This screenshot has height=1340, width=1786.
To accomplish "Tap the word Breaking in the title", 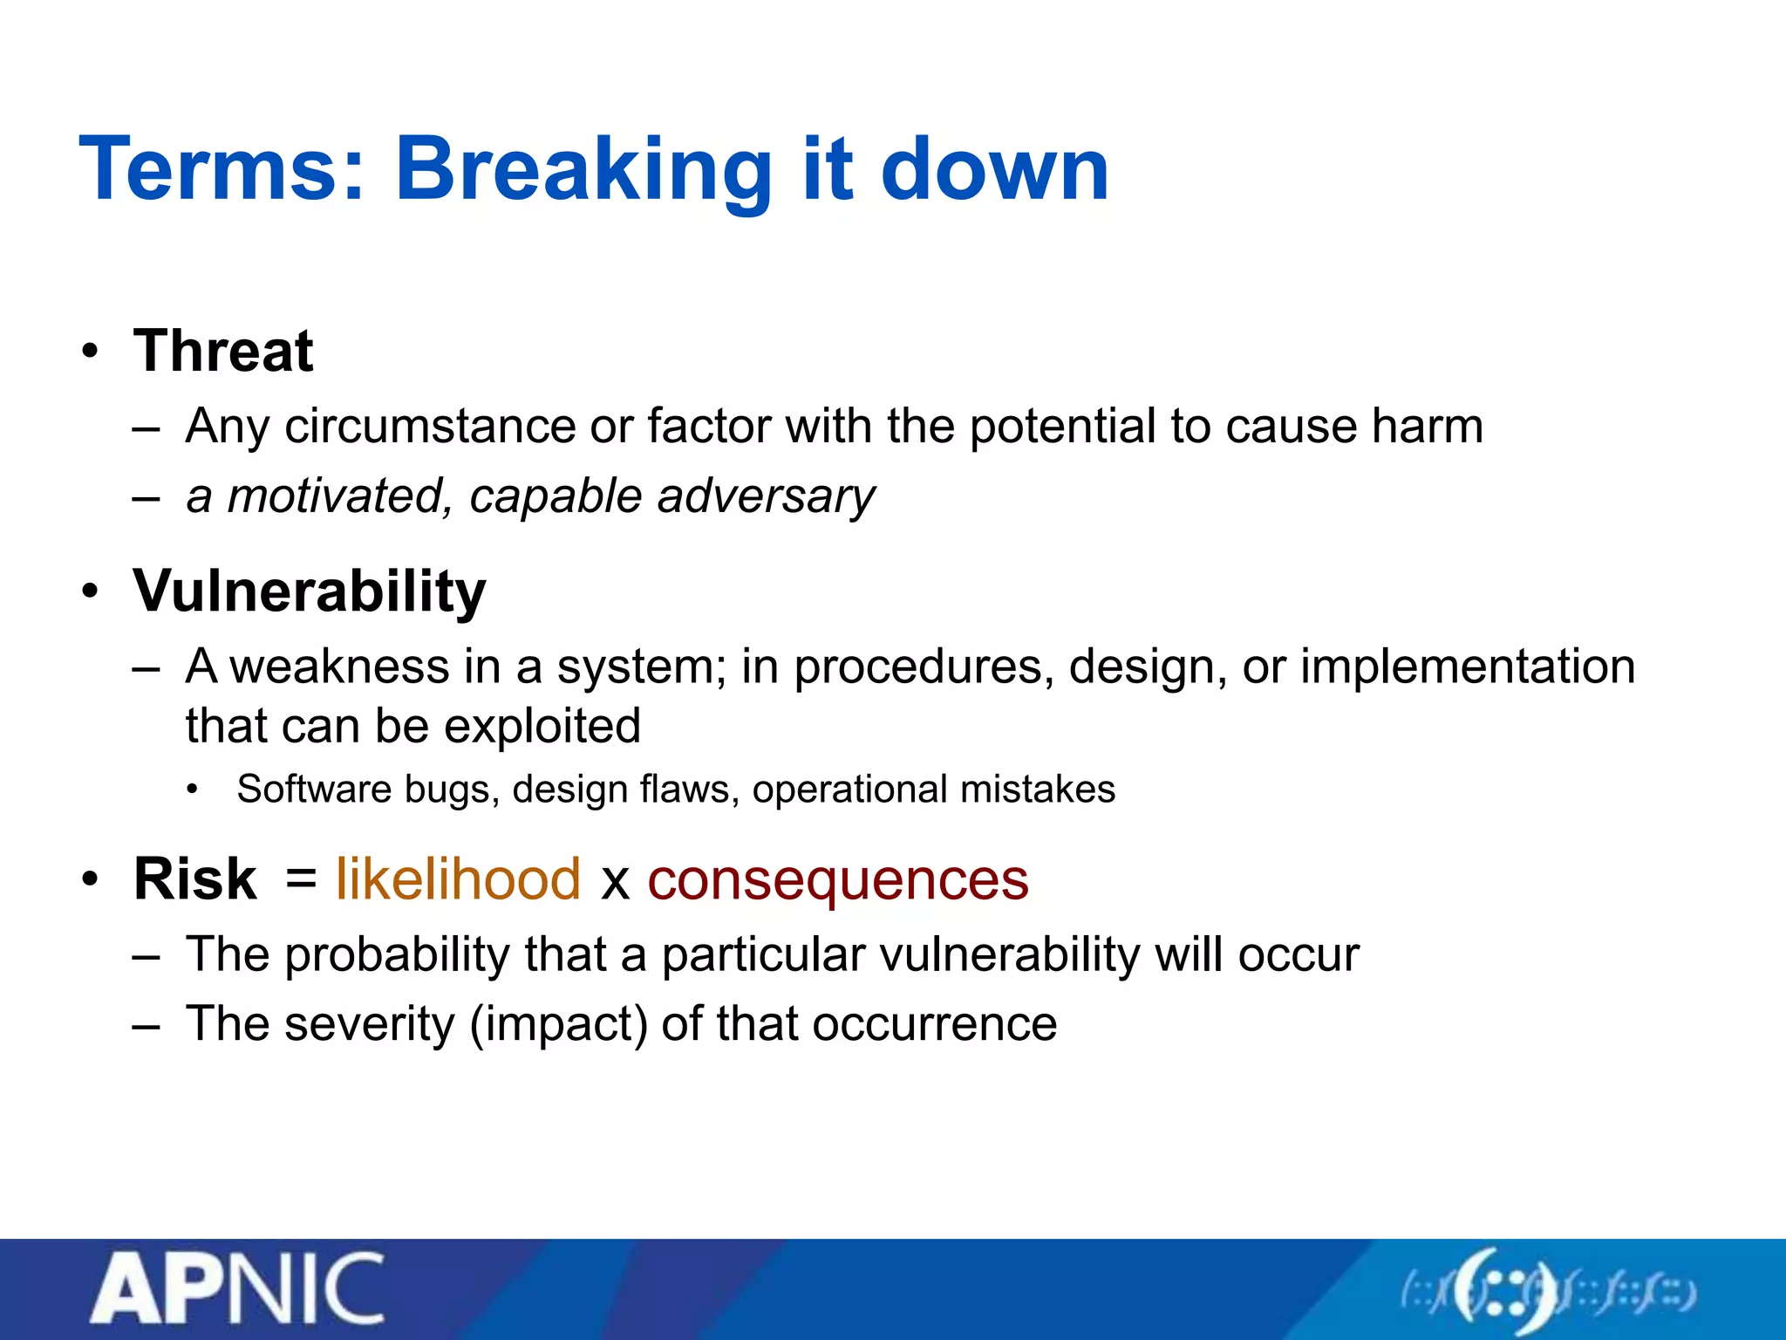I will click(x=583, y=171).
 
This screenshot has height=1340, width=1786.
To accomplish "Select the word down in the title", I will click(x=994, y=169).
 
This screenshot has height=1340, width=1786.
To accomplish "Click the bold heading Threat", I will click(x=223, y=351).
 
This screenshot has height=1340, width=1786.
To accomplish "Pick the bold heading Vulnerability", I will click(x=310, y=592).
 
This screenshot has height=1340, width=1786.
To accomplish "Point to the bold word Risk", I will click(x=194, y=879).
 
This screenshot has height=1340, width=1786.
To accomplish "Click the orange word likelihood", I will click(x=458, y=879).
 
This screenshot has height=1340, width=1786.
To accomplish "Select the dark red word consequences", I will click(x=838, y=879).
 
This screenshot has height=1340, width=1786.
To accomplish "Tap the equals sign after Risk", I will click(x=300, y=877).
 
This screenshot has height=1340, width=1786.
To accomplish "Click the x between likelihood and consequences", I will click(x=615, y=881).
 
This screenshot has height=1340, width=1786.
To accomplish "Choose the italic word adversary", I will click(x=767, y=496).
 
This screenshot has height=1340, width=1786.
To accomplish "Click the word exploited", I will click(x=508, y=726).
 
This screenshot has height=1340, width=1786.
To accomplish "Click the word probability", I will click(x=398, y=954).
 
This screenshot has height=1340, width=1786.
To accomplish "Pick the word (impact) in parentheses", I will click(x=559, y=1024).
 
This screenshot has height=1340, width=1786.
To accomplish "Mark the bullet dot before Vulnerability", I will click(x=90, y=592).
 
